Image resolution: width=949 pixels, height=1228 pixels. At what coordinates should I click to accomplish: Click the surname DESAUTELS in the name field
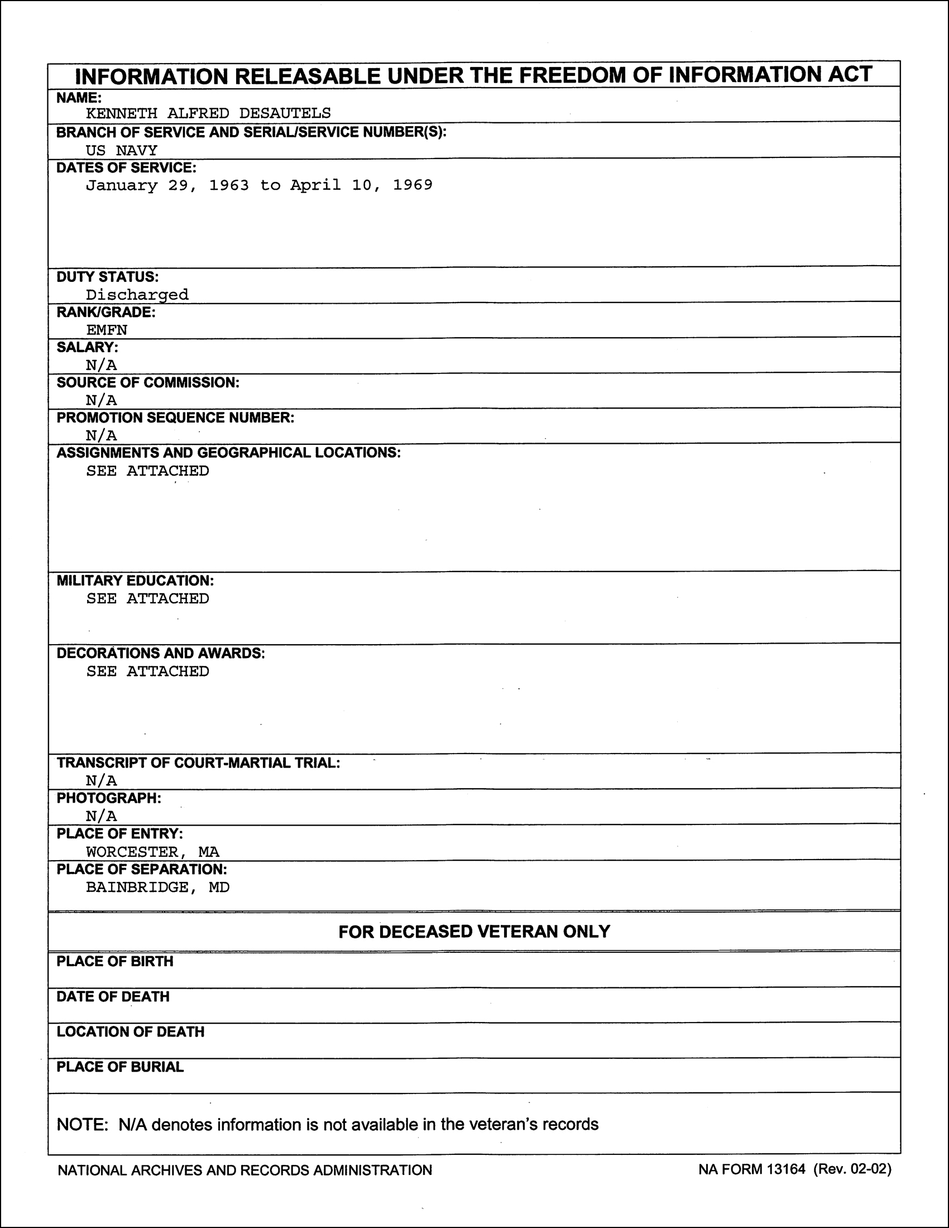coord(285,113)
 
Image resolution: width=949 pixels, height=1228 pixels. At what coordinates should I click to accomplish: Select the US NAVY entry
coord(122,150)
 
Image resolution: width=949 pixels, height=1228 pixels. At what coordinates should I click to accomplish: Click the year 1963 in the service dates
coord(229,185)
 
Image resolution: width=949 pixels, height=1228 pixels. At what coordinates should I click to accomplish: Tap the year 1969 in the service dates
coord(413,185)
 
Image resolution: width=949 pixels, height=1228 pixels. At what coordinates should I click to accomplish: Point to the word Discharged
coord(137,295)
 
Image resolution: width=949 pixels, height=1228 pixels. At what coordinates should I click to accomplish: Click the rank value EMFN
coord(107,329)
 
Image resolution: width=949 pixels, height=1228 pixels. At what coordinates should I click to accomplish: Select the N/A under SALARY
coord(101,365)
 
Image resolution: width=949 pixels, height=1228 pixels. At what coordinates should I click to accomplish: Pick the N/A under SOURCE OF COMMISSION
coord(101,400)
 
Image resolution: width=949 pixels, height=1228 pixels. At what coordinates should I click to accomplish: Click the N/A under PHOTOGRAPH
coord(101,816)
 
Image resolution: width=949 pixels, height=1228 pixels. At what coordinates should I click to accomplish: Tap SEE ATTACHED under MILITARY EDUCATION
coord(147,598)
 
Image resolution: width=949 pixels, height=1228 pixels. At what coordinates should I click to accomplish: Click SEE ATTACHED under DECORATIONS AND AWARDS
coord(147,671)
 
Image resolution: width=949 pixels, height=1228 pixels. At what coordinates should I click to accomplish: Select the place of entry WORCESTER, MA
coord(152,851)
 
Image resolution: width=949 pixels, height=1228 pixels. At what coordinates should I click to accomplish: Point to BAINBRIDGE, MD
coord(157,887)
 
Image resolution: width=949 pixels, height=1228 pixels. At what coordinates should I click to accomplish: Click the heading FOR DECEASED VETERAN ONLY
coord(474,932)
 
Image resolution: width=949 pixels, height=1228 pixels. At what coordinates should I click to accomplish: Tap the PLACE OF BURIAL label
coord(120,1067)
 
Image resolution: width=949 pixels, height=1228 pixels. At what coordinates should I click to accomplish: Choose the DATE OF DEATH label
coord(113,996)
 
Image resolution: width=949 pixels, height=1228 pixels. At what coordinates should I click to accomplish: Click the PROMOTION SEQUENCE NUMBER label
coord(175,418)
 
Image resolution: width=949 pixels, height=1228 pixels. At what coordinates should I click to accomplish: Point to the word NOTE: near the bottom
coord(82,1124)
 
